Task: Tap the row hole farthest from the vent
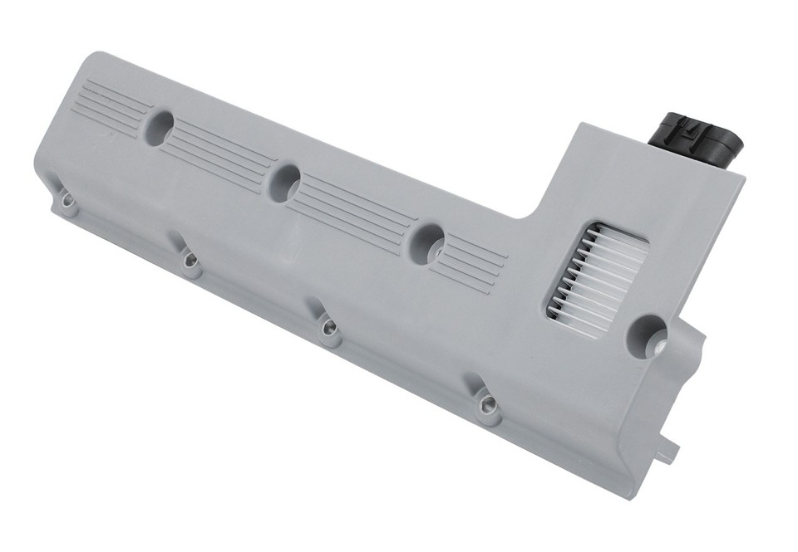click(160, 126)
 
